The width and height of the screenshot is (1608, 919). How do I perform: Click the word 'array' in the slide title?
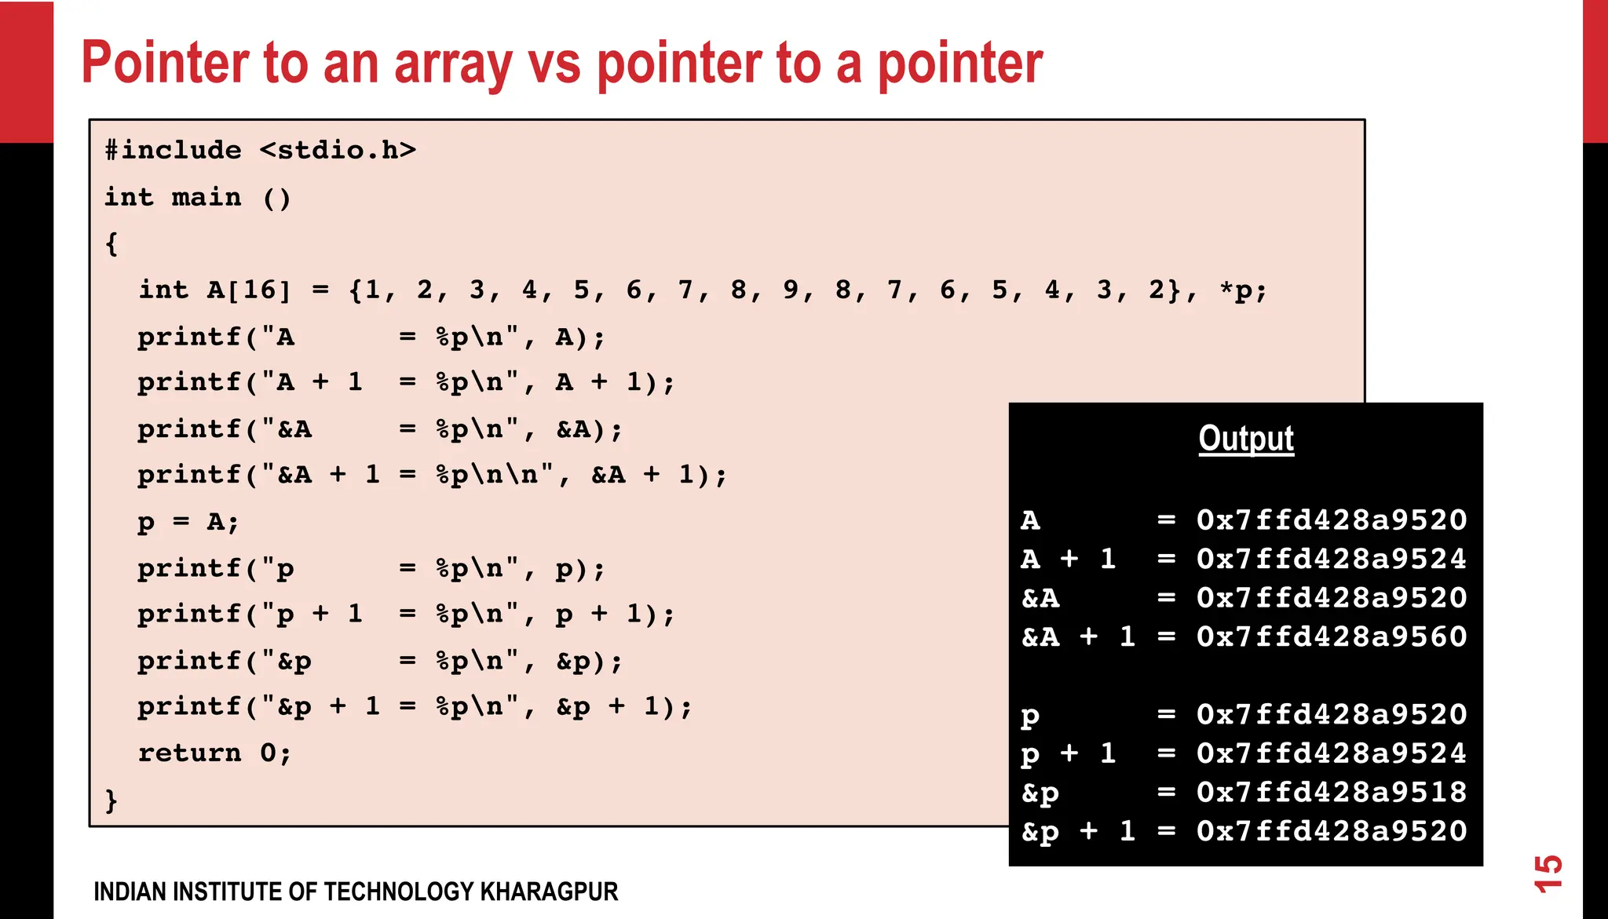453,63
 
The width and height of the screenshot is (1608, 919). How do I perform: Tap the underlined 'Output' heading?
1246,438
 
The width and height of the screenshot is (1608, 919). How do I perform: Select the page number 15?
1548,873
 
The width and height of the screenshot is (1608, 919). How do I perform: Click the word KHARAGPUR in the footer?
549,892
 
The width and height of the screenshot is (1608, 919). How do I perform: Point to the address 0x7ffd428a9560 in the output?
1332,636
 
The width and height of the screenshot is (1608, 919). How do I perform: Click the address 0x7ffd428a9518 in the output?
1332,792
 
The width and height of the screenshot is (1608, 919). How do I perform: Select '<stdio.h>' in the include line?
338,150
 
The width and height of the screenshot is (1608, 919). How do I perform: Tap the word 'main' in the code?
206,197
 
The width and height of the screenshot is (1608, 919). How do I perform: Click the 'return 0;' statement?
214,753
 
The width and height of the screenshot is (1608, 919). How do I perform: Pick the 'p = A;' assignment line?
188,522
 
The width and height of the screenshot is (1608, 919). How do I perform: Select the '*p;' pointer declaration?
1243,290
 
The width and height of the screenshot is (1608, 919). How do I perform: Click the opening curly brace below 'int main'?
111,244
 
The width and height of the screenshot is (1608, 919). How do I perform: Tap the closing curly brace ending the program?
111,800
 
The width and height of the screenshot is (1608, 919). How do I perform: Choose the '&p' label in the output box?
1040,793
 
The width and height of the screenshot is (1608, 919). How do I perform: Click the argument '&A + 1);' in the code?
659,475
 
